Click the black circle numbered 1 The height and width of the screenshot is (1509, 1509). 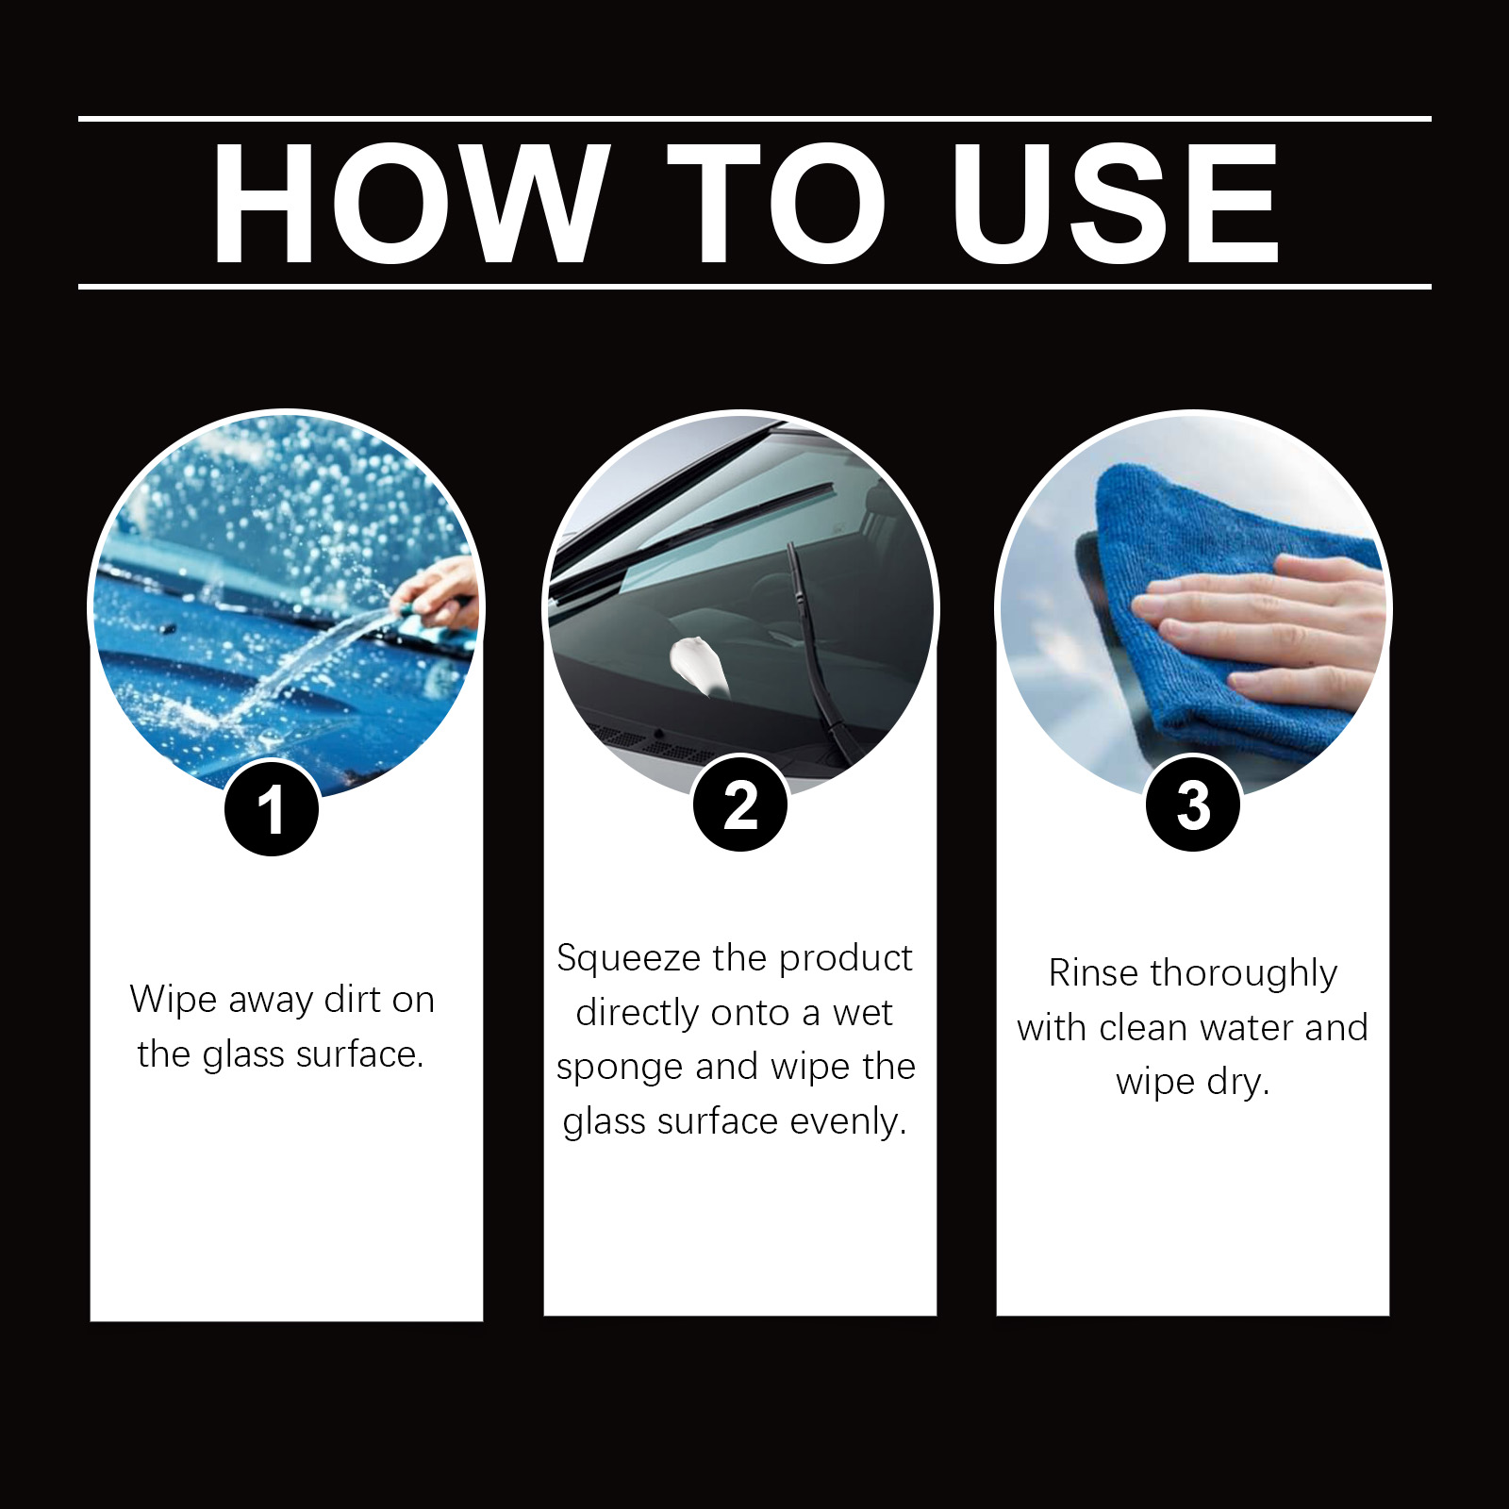coord(272,809)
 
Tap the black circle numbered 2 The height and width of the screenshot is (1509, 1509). coord(740,804)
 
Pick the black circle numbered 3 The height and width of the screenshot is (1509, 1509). coord(1193,804)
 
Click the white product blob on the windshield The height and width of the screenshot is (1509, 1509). coord(698,665)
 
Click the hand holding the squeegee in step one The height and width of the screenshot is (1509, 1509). coord(439,589)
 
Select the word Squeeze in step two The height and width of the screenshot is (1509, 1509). coord(628,958)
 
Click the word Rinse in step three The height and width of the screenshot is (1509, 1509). coord(1093,972)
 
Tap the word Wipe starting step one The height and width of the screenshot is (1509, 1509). coord(173,1000)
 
